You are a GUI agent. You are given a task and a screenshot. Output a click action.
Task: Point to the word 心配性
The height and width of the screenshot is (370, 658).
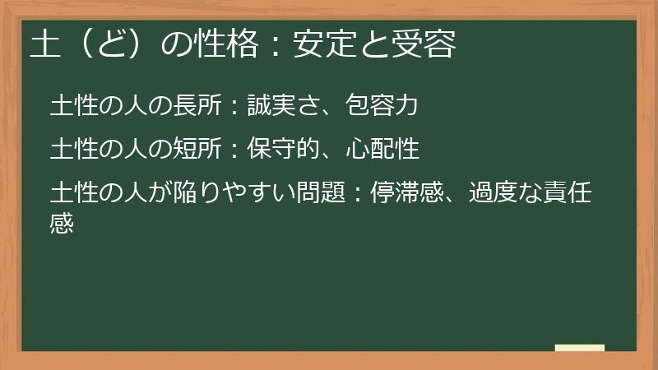(x=384, y=150)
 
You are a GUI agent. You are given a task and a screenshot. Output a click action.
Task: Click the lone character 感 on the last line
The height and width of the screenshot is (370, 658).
(x=63, y=223)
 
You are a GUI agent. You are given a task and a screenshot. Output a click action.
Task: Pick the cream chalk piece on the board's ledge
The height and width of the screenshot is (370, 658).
(x=579, y=348)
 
